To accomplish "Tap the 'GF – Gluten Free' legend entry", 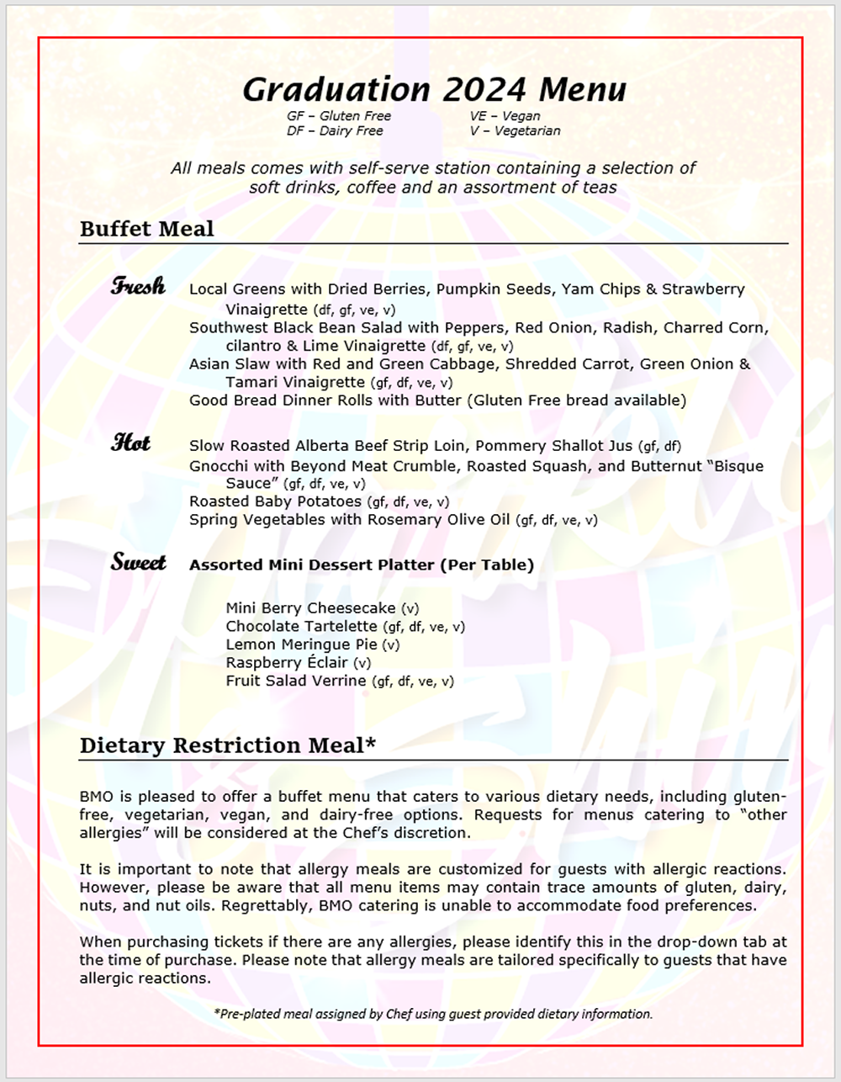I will (x=339, y=116).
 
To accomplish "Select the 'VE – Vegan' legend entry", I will (x=505, y=116).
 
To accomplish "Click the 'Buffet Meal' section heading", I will (x=147, y=229).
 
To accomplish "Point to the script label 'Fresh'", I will (x=139, y=286).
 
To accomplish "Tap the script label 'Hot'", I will (x=131, y=443).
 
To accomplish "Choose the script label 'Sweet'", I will (x=139, y=562).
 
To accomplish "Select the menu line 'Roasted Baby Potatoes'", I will (x=275, y=501).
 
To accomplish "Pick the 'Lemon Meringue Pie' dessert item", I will (x=302, y=644).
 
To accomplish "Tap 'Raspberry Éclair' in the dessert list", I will (x=287, y=662).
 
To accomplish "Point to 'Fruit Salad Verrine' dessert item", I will (x=296, y=681).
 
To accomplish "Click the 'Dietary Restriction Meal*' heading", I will (x=228, y=745).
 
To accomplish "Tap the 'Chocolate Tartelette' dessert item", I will (x=301, y=626).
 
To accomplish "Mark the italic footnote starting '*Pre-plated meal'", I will (x=433, y=1014).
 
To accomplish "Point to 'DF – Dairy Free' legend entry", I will (x=335, y=131).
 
